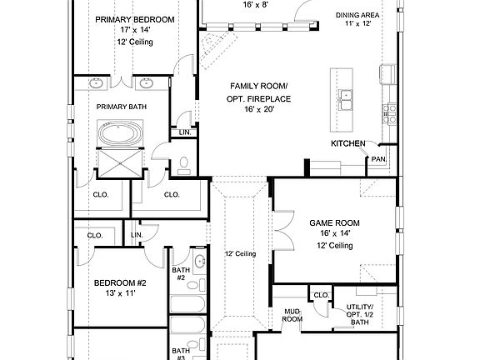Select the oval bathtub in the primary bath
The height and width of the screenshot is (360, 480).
(x=122, y=134)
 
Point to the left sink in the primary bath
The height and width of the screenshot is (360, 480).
(x=97, y=83)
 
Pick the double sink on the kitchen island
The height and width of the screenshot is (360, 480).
(x=347, y=105)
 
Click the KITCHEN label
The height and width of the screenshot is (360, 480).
(x=347, y=144)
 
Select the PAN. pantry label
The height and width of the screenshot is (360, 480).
(x=378, y=159)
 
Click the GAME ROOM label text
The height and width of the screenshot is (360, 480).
(x=334, y=223)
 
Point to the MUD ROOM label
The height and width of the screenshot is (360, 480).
(x=292, y=314)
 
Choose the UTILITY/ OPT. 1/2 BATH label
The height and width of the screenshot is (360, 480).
(x=360, y=313)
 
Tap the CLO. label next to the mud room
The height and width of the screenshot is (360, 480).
(x=321, y=294)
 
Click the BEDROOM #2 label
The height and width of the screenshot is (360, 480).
(x=120, y=282)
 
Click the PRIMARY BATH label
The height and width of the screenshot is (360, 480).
(x=121, y=107)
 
